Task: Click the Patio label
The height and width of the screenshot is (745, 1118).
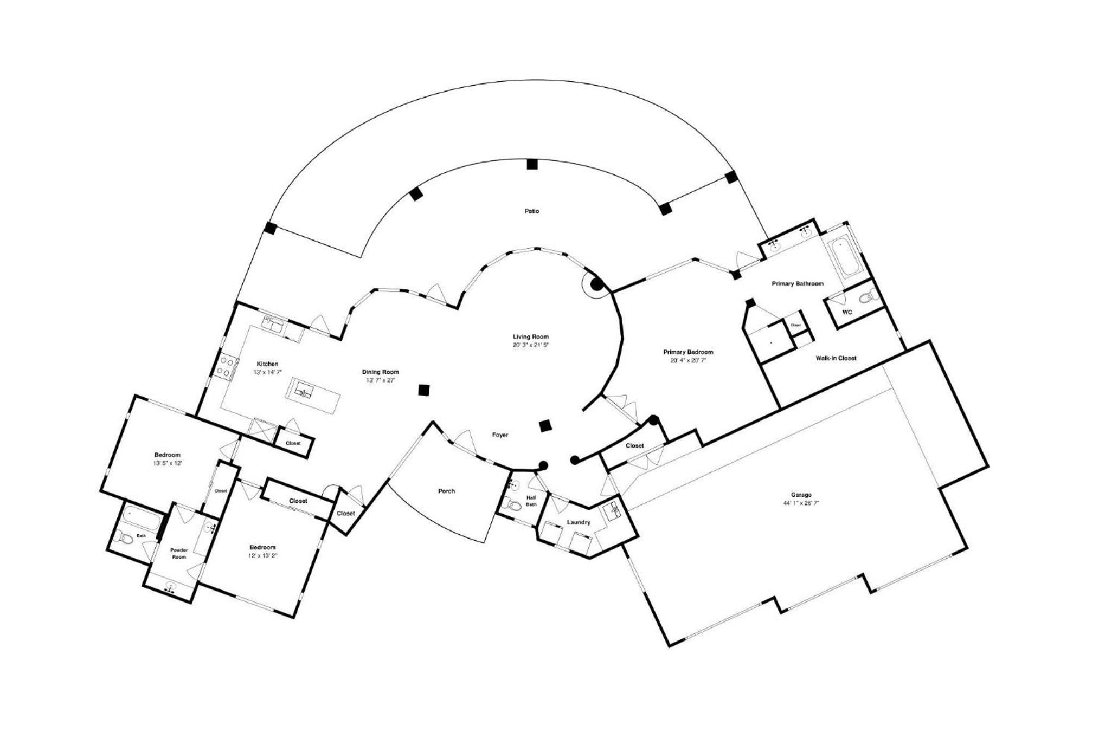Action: coord(531,211)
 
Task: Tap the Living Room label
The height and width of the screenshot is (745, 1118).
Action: coord(531,336)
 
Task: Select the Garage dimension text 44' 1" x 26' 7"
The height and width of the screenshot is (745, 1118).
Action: coord(801,503)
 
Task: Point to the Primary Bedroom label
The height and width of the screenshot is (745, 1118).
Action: coord(688,352)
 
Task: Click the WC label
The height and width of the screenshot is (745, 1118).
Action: coord(847,312)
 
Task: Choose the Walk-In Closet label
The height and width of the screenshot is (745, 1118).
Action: coord(836,358)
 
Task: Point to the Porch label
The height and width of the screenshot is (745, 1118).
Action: coord(446,491)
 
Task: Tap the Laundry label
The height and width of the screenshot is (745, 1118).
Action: coord(578,522)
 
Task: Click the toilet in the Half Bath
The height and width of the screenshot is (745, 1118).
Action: coord(512,505)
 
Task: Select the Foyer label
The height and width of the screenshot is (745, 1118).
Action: coord(500,435)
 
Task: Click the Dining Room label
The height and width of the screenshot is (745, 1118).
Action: coord(380,372)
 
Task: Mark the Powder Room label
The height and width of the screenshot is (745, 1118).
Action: coord(179,553)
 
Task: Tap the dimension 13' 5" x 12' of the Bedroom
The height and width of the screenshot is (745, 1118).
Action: coord(167,463)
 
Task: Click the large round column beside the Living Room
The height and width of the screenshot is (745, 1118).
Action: coord(596,284)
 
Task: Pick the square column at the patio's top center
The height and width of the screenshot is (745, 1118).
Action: coord(532,164)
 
